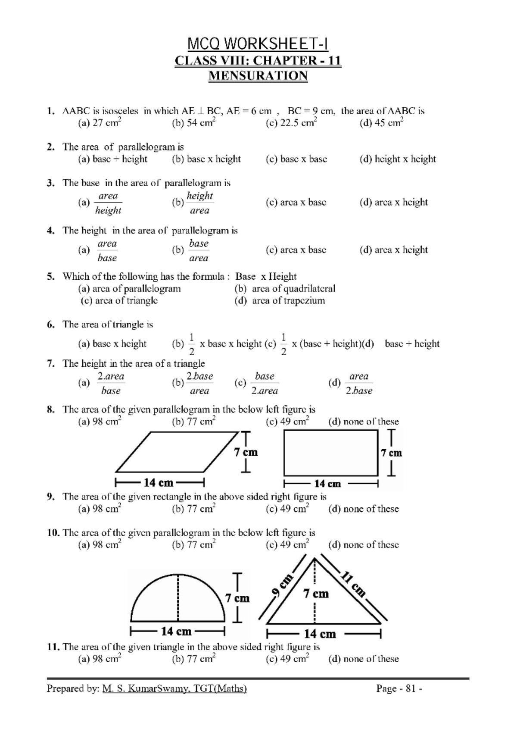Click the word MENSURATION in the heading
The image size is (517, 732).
point(258,76)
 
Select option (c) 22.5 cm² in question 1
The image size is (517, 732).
point(291,123)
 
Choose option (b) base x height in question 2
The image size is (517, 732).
point(206,159)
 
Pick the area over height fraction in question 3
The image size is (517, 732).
point(108,203)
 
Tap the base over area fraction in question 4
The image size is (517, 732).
point(199,250)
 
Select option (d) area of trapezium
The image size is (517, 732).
point(280,301)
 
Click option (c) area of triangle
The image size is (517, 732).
point(119,301)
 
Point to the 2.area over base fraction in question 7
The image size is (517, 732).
point(111,383)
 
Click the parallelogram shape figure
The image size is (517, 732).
point(177,452)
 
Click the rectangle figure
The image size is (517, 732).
point(330,453)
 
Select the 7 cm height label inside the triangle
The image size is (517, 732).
point(316,594)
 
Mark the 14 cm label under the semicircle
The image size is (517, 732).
point(176,632)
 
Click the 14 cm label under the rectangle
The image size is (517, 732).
point(327,484)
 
